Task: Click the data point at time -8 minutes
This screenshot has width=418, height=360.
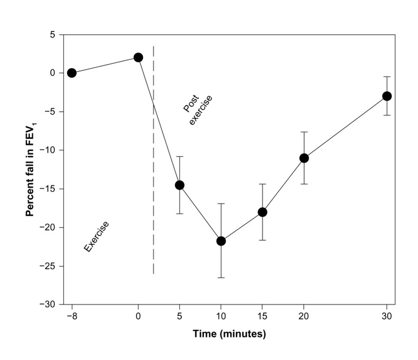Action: tap(72, 73)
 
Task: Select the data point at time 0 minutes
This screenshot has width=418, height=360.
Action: tap(138, 57)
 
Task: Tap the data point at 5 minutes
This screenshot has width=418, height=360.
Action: tap(179, 185)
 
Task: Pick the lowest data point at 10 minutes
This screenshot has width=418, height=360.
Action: tap(221, 241)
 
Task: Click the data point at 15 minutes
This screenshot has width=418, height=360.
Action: tap(262, 212)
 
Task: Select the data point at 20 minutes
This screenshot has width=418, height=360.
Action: tap(304, 158)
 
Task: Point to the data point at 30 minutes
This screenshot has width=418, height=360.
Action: tap(387, 96)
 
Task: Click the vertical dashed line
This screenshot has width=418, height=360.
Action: tap(153, 180)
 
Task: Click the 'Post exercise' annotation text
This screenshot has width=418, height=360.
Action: tap(197, 110)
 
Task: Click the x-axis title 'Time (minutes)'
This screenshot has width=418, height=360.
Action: tap(229, 334)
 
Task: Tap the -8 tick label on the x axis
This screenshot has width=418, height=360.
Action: tap(71, 316)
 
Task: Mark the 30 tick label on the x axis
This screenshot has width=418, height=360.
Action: tap(387, 316)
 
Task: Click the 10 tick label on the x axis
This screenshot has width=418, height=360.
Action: tap(221, 316)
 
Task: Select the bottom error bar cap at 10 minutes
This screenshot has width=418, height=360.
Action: tap(221, 277)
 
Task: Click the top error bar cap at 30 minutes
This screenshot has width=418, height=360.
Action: tap(387, 77)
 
